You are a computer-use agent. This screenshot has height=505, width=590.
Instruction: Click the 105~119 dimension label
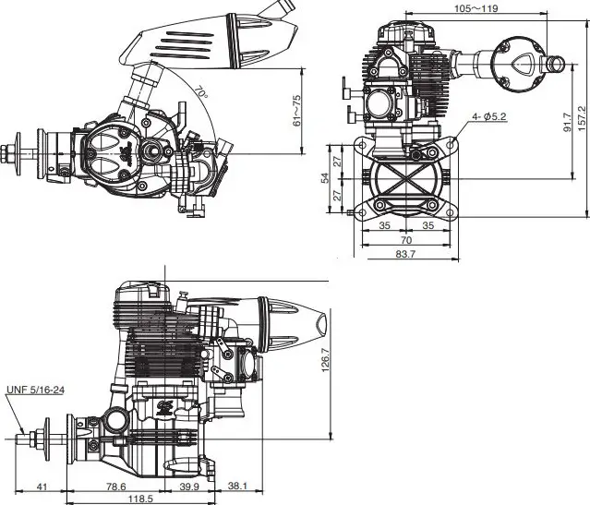[477, 8]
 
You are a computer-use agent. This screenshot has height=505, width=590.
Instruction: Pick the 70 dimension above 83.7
[406, 239]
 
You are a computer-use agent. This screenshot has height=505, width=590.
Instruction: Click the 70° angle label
[200, 93]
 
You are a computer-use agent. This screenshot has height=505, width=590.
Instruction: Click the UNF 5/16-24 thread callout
[35, 389]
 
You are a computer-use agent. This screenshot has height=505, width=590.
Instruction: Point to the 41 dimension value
[42, 486]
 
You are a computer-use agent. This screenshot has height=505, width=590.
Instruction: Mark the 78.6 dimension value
[116, 486]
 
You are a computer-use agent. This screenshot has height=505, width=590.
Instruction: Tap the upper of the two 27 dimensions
[338, 161]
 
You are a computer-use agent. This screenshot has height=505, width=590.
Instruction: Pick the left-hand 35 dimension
[383, 224]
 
